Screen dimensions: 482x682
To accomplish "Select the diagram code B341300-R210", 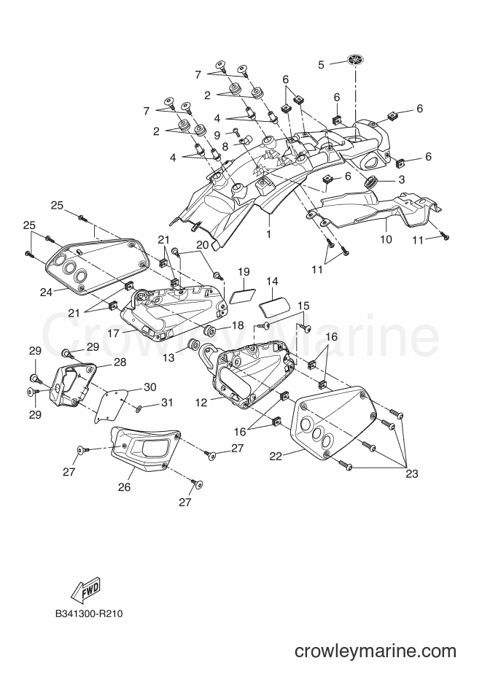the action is coord(89,614).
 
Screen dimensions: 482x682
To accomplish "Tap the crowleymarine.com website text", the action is coord(376,651).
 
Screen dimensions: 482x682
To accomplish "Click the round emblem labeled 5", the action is coord(356,61).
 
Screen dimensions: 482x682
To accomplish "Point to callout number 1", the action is coord(268,234).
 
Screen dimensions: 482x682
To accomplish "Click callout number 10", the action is coord(386,239).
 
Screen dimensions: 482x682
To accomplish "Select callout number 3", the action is coord(401,179).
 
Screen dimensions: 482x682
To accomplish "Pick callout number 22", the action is coord(276,456).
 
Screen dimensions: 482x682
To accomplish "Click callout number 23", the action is coord(411,473).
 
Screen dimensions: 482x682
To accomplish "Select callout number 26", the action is coord(124,487).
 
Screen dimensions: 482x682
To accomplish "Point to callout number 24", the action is coord(46,292).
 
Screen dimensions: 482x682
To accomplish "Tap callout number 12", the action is coord(202,403).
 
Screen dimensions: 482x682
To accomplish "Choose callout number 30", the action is coord(150,387).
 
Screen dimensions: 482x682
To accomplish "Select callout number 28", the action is coord(120,362).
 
